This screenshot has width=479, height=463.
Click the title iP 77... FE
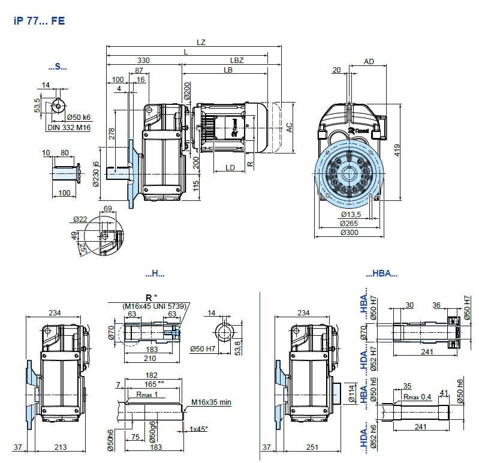pyautogui.click(x=38, y=20)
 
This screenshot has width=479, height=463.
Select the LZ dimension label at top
pyautogui.click(x=201, y=42)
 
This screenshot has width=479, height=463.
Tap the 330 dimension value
pyautogui.click(x=144, y=61)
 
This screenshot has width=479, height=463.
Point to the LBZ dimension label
pyautogui.click(x=237, y=61)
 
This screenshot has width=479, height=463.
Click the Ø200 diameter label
pyautogui.click(x=186, y=91)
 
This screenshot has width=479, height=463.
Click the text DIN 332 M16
pyautogui.click(x=69, y=127)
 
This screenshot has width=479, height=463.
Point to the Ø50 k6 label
pyautogui.click(x=79, y=117)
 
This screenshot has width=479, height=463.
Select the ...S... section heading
pyautogui.click(x=58, y=67)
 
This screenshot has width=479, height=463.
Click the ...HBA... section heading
pyautogui.click(x=382, y=273)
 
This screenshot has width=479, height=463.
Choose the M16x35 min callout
pyautogui.click(x=211, y=402)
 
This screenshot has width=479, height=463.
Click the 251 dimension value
pyautogui.click(x=311, y=447)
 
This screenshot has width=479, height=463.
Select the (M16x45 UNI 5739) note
pyautogui.click(x=155, y=306)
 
